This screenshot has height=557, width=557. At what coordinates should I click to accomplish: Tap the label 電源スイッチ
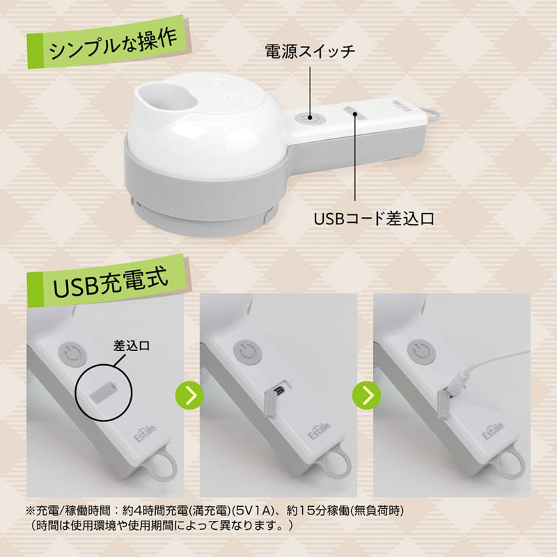(x=311, y=51)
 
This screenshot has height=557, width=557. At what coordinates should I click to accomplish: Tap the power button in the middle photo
(x=246, y=354)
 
